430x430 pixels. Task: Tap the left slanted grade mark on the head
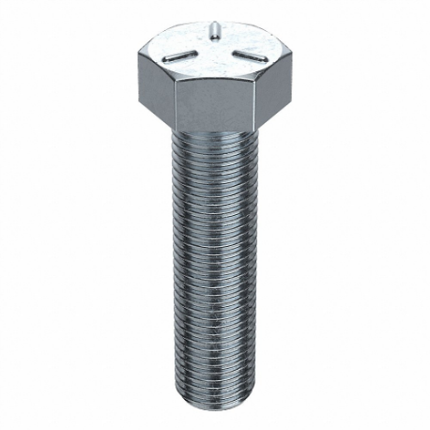(x=182, y=57)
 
